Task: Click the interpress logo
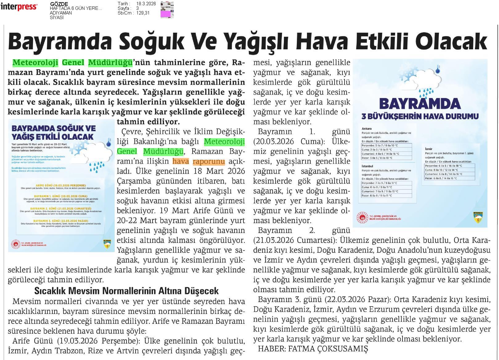coord(19,7)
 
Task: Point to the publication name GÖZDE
coord(59,4)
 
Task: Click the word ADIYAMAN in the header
coord(61,13)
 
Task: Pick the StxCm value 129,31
coord(143,13)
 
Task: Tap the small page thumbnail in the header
coord(167,10)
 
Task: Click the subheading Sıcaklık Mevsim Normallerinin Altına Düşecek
coord(126,291)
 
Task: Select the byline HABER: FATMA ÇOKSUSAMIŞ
coord(313,349)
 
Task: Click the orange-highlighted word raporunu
coord(209,161)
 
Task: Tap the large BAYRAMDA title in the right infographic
coord(420,104)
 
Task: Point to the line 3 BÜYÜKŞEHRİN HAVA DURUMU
coord(420,116)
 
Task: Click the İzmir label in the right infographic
coord(428,149)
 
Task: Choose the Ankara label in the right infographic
coord(367,129)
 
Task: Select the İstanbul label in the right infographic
coord(367,166)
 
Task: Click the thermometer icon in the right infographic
coord(437,69)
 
